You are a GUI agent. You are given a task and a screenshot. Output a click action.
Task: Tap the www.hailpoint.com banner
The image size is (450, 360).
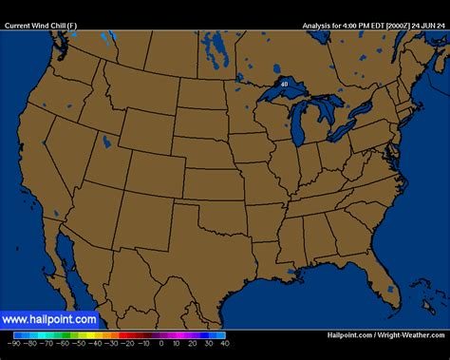(x=49, y=320)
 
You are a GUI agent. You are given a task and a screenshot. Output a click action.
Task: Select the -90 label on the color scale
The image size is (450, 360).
(x=18, y=343)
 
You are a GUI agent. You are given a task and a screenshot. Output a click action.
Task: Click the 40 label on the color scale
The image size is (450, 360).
(x=223, y=343)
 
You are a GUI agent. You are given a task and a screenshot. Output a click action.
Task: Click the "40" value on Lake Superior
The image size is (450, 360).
(x=284, y=84)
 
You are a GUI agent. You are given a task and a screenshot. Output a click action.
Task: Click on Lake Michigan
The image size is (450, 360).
(x=299, y=123)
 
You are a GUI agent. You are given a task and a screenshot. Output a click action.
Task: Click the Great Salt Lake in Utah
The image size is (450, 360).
(x=106, y=142)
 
